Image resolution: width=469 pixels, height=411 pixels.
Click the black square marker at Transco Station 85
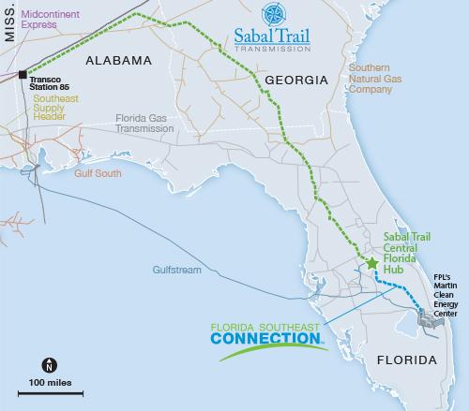[x=22, y=72]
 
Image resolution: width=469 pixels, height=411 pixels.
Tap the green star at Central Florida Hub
[x=371, y=264]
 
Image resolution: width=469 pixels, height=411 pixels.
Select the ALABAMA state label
[x=118, y=61]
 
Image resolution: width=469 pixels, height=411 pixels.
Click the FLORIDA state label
[x=406, y=360]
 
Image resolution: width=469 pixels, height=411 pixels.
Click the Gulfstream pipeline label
[x=177, y=270]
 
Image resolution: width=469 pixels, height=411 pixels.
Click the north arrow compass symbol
[x=49, y=365]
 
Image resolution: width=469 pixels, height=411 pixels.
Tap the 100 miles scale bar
[x=49, y=391]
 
